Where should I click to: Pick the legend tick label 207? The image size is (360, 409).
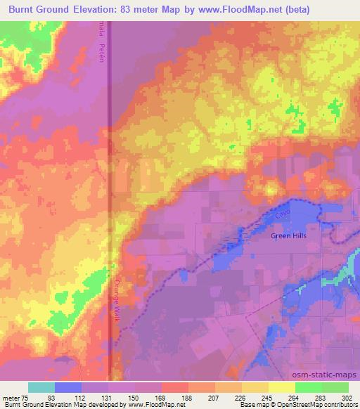[214, 397]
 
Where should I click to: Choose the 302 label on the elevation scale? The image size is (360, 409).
[348, 397]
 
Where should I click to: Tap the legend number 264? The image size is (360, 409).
[295, 397]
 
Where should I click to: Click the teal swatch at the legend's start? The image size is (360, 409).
[41, 387]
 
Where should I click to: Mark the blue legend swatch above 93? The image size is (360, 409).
[68, 387]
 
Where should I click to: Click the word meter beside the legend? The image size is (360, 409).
[11, 397]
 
